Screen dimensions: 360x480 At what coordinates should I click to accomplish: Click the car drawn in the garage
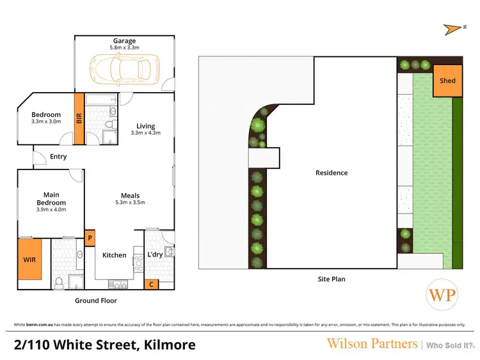(x=124, y=68)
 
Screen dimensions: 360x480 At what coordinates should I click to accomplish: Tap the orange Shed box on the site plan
(x=447, y=82)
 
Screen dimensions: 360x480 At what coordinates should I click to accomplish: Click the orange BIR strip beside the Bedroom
(x=79, y=119)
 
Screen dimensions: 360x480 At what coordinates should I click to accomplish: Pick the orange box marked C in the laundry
(x=150, y=284)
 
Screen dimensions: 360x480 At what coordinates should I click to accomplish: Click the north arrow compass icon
(x=453, y=28)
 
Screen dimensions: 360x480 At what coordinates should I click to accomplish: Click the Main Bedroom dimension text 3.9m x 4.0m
(x=51, y=210)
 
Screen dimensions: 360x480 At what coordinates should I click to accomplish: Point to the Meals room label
(x=131, y=196)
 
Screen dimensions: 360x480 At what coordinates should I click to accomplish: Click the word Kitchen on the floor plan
(x=115, y=255)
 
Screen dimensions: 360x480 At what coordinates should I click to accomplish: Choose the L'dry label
(x=156, y=255)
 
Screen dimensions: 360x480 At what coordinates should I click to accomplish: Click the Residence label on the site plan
(x=332, y=173)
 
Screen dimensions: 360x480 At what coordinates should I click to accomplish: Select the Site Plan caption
(x=332, y=279)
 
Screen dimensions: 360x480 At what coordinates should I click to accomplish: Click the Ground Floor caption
(x=96, y=300)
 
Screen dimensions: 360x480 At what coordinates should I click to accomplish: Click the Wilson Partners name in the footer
(x=371, y=343)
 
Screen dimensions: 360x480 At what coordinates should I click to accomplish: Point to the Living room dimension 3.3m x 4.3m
(x=145, y=133)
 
